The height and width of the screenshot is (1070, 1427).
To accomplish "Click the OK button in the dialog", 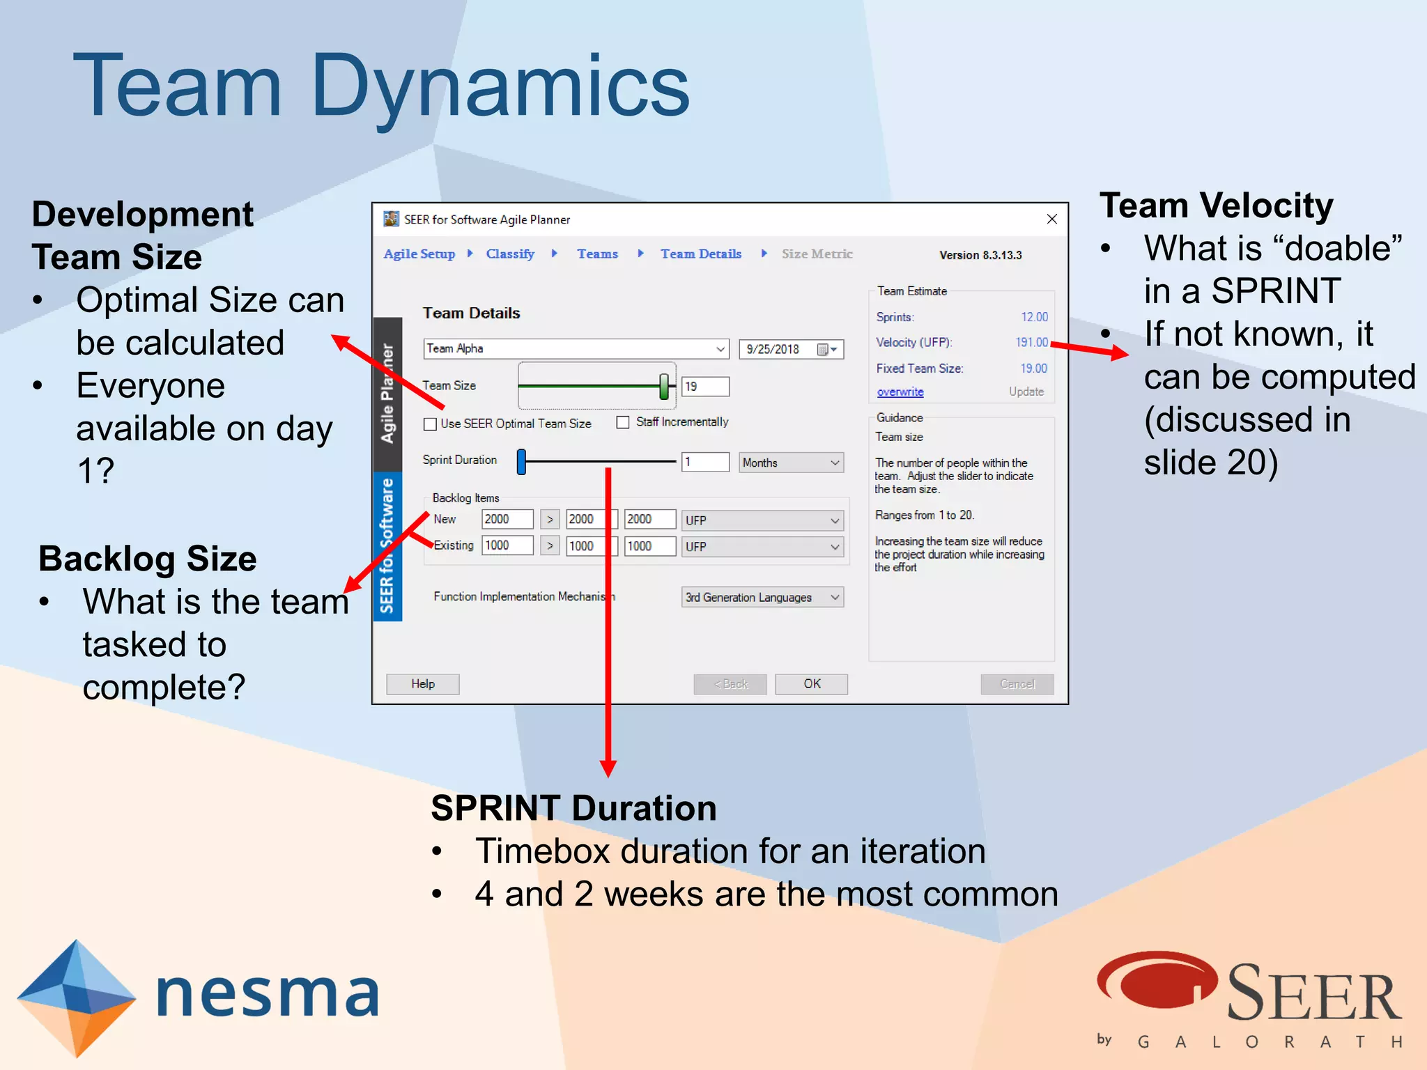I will click(x=811, y=683).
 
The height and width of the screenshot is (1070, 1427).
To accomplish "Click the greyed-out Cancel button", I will click(x=1017, y=683).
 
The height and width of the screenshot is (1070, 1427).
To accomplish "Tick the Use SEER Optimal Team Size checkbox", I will click(x=430, y=424).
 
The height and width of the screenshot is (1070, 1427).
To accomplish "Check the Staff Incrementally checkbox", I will click(x=623, y=422).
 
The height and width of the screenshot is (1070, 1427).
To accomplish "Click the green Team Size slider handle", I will click(x=664, y=386).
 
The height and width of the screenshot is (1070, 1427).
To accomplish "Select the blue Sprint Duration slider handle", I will click(x=521, y=461).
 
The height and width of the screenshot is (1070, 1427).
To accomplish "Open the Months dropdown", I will click(x=791, y=463).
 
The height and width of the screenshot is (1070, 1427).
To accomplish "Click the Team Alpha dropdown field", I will click(x=575, y=348).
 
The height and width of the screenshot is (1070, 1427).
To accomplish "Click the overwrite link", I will click(x=900, y=392).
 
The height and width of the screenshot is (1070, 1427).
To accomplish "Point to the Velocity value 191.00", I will click(x=1031, y=342).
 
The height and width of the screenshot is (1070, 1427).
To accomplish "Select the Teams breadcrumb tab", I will click(x=597, y=254).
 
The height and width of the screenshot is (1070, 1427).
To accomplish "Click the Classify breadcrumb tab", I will click(x=510, y=254).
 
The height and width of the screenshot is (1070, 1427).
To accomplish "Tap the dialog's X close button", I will click(x=1051, y=219).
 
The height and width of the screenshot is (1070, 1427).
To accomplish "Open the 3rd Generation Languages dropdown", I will click(x=762, y=597).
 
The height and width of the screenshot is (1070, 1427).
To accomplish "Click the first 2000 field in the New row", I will click(x=507, y=519).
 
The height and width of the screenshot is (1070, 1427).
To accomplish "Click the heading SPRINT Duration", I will click(x=573, y=808).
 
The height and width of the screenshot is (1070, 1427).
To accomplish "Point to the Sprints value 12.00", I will click(x=1034, y=317).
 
